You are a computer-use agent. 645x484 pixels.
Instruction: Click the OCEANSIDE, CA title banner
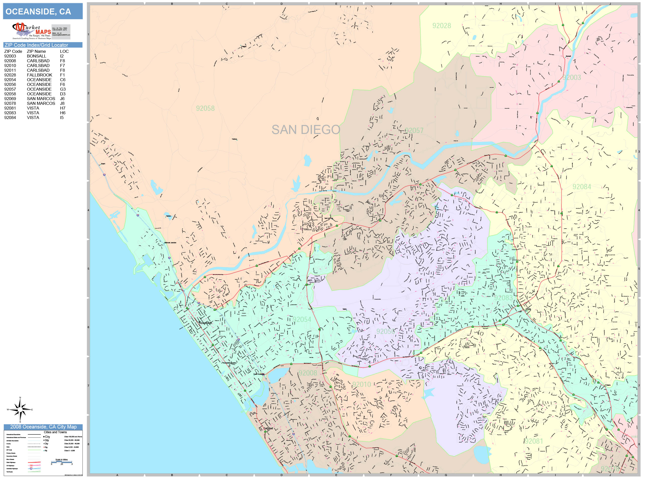(x=43, y=11)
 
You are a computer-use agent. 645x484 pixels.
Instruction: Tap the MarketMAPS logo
(x=32, y=31)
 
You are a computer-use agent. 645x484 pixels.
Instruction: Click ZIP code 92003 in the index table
(x=10, y=56)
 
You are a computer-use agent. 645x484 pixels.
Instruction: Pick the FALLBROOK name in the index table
(x=39, y=75)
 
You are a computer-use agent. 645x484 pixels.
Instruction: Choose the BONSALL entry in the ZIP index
(x=36, y=56)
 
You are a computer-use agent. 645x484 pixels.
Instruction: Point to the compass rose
(x=20, y=410)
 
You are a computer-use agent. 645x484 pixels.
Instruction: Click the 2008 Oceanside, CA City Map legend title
(x=43, y=427)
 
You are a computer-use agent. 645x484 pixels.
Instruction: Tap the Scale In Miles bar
(x=61, y=462)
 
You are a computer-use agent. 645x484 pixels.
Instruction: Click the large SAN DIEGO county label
(x=306, y=130)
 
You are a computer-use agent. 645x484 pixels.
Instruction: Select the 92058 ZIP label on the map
(x=205, y=109)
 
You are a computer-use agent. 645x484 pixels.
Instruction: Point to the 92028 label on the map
(x=441, y=26)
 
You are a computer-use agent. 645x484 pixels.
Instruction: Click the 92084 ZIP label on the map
(x=582, y=187)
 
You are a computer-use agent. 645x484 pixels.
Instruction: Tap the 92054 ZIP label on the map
(x=302, y=319)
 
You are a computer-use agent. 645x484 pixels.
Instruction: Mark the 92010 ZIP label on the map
(x=361, y=384)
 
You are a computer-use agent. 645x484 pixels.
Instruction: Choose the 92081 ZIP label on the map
(x=533, y=441)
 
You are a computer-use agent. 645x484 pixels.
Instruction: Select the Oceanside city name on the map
(x=206, y=323)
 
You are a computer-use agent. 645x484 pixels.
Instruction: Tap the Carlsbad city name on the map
(x=268, y=428)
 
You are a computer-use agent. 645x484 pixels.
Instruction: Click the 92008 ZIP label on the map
(x=308, y=373)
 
